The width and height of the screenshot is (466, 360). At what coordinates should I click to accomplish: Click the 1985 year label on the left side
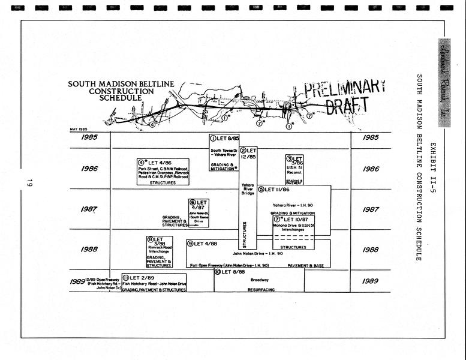click(x=89, y=137)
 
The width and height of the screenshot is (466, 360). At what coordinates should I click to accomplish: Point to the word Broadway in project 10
click(x=259, y=280)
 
